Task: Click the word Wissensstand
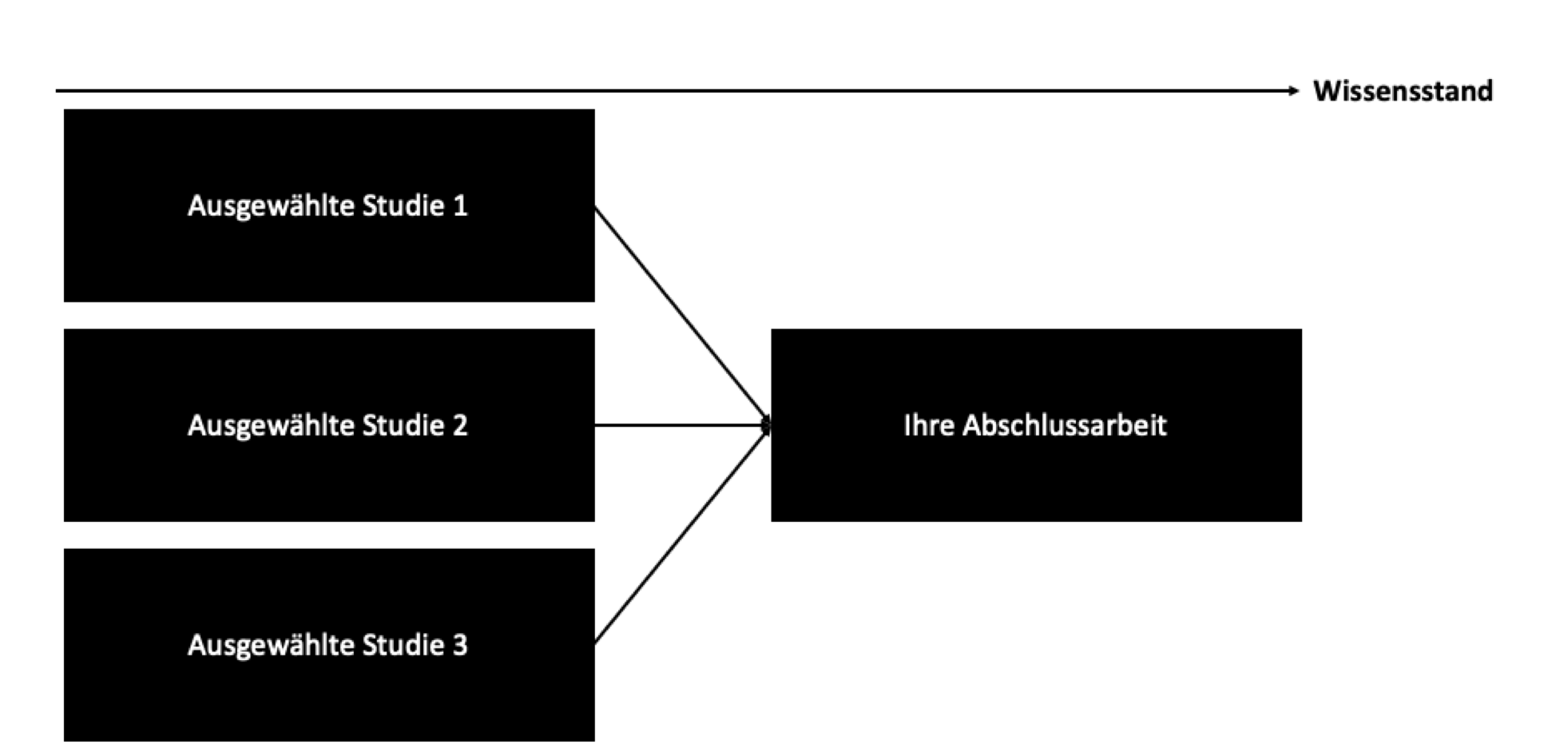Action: click(1403, 91)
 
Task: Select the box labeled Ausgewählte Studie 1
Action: click(329, 205)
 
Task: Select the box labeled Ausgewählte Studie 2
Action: click(329, 425)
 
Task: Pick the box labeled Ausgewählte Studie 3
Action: click(329, 645)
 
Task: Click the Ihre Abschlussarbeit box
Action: click(1036, 425)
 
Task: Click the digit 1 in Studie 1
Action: click(460, 205)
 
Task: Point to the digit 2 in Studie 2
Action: click(460, 425)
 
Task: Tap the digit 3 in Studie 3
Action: click(460, 645)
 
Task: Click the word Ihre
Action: click(929, 425)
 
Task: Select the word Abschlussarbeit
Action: click(1065, 425)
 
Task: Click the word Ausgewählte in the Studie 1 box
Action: click(271, 206)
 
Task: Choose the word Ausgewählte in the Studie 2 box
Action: click(271, 426)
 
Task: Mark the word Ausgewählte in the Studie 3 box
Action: click(271, 646)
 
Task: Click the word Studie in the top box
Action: click(403, 205)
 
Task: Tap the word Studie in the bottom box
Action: click(403, 645)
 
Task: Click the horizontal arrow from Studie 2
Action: click(683, 425)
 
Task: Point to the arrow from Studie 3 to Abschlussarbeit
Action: click(683, 535)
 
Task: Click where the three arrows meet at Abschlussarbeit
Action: click(768, 425)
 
